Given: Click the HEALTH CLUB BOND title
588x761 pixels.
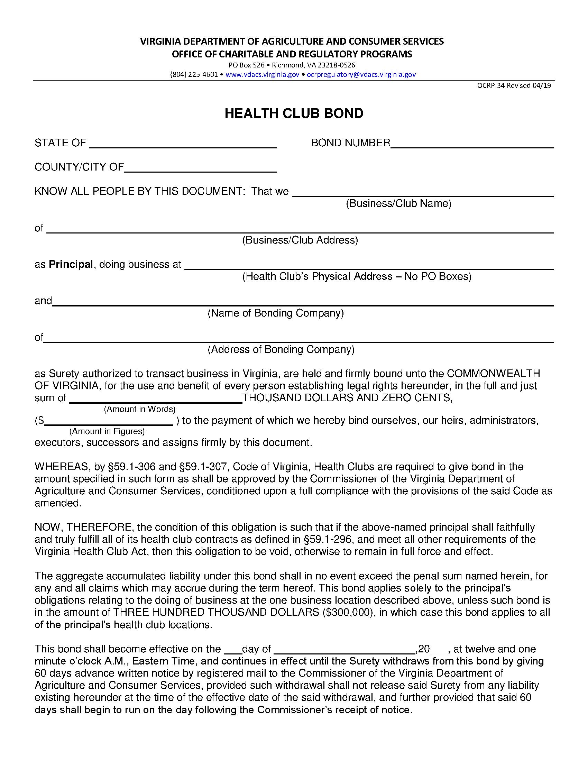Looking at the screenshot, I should click(294, 113).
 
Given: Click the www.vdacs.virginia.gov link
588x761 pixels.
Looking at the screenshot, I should click(262, 74).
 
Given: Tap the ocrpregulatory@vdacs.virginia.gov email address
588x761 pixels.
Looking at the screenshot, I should click(361, 74).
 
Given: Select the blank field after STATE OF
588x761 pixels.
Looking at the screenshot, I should click(183, 144).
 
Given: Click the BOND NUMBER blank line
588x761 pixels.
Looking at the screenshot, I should click(472, 144).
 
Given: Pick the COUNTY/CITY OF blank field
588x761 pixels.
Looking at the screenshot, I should click(200, 168).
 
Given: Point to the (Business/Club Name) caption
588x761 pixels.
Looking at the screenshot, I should click(398, 203).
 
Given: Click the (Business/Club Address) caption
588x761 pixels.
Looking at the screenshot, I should click(300, 240).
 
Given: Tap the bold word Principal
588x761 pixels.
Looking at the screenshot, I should click(71, 265).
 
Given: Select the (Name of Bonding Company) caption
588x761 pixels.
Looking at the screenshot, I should click(276, 313).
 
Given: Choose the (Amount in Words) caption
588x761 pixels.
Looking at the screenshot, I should click(139, 409).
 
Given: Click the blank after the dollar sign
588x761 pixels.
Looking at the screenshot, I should click(109, 421).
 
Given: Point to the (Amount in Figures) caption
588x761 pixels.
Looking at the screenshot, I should click(107, 431).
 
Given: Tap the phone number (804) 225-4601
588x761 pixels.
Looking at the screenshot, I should click(194, 74).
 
